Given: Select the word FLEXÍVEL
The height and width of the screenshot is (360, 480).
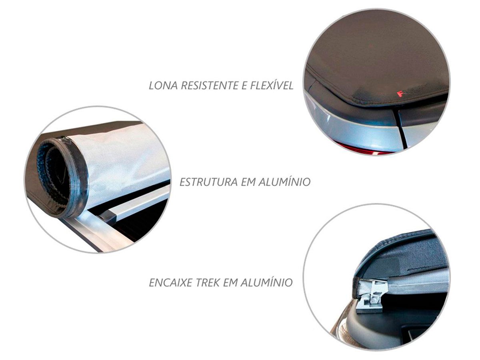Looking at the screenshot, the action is pos(272,85).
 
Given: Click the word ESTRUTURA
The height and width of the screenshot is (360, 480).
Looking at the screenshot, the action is pos(208,182).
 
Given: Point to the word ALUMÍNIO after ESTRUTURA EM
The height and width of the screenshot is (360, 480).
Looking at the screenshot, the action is pos(284,182).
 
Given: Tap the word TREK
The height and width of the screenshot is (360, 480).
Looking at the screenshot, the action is pos(207,283).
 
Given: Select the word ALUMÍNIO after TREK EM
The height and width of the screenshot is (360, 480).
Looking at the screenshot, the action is pos(266,282).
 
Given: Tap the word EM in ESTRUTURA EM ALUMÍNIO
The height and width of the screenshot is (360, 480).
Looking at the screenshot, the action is pos(248,182).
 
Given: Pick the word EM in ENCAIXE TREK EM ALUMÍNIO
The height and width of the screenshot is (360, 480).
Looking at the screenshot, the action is pos(230,283).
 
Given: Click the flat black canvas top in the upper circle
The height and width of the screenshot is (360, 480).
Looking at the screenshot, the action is pos(376,55).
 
